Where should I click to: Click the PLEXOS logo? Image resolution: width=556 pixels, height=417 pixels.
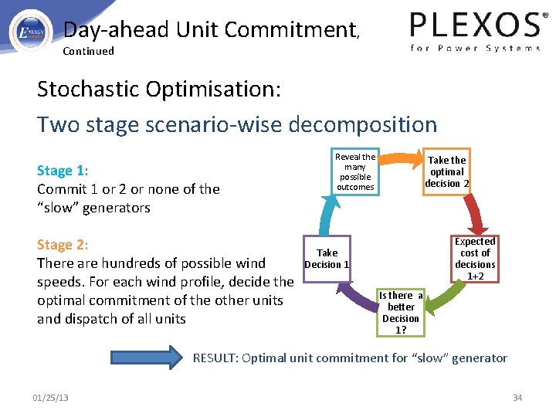click(x=474, y=31)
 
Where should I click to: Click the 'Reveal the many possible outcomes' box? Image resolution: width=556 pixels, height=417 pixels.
click(x=355, y=171)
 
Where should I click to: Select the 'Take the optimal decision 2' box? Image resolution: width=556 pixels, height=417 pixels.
click(x=446, y=171)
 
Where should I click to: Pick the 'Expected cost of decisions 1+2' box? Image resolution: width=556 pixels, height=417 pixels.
click(x=475, y=259)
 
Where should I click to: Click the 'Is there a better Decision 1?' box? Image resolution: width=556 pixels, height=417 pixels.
click(x=401, y=312)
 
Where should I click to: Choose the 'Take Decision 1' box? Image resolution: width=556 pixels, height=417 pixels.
click(x=327, y=259)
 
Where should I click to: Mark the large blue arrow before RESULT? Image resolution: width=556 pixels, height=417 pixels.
click(x=147, y=358)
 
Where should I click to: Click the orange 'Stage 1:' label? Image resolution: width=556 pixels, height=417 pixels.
click(x=63, y=171)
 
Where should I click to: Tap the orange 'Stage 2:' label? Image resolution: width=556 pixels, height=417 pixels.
click(x=63, y=245)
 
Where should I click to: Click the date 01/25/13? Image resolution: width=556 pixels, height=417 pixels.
click(x=50, y=398)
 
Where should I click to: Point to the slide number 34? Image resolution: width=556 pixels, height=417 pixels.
click(x=517, y=398)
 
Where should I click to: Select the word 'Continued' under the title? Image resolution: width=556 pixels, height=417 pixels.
click(x=88, y=51)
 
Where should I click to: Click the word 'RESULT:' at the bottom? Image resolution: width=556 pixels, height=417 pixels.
click(x=216, y=358)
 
